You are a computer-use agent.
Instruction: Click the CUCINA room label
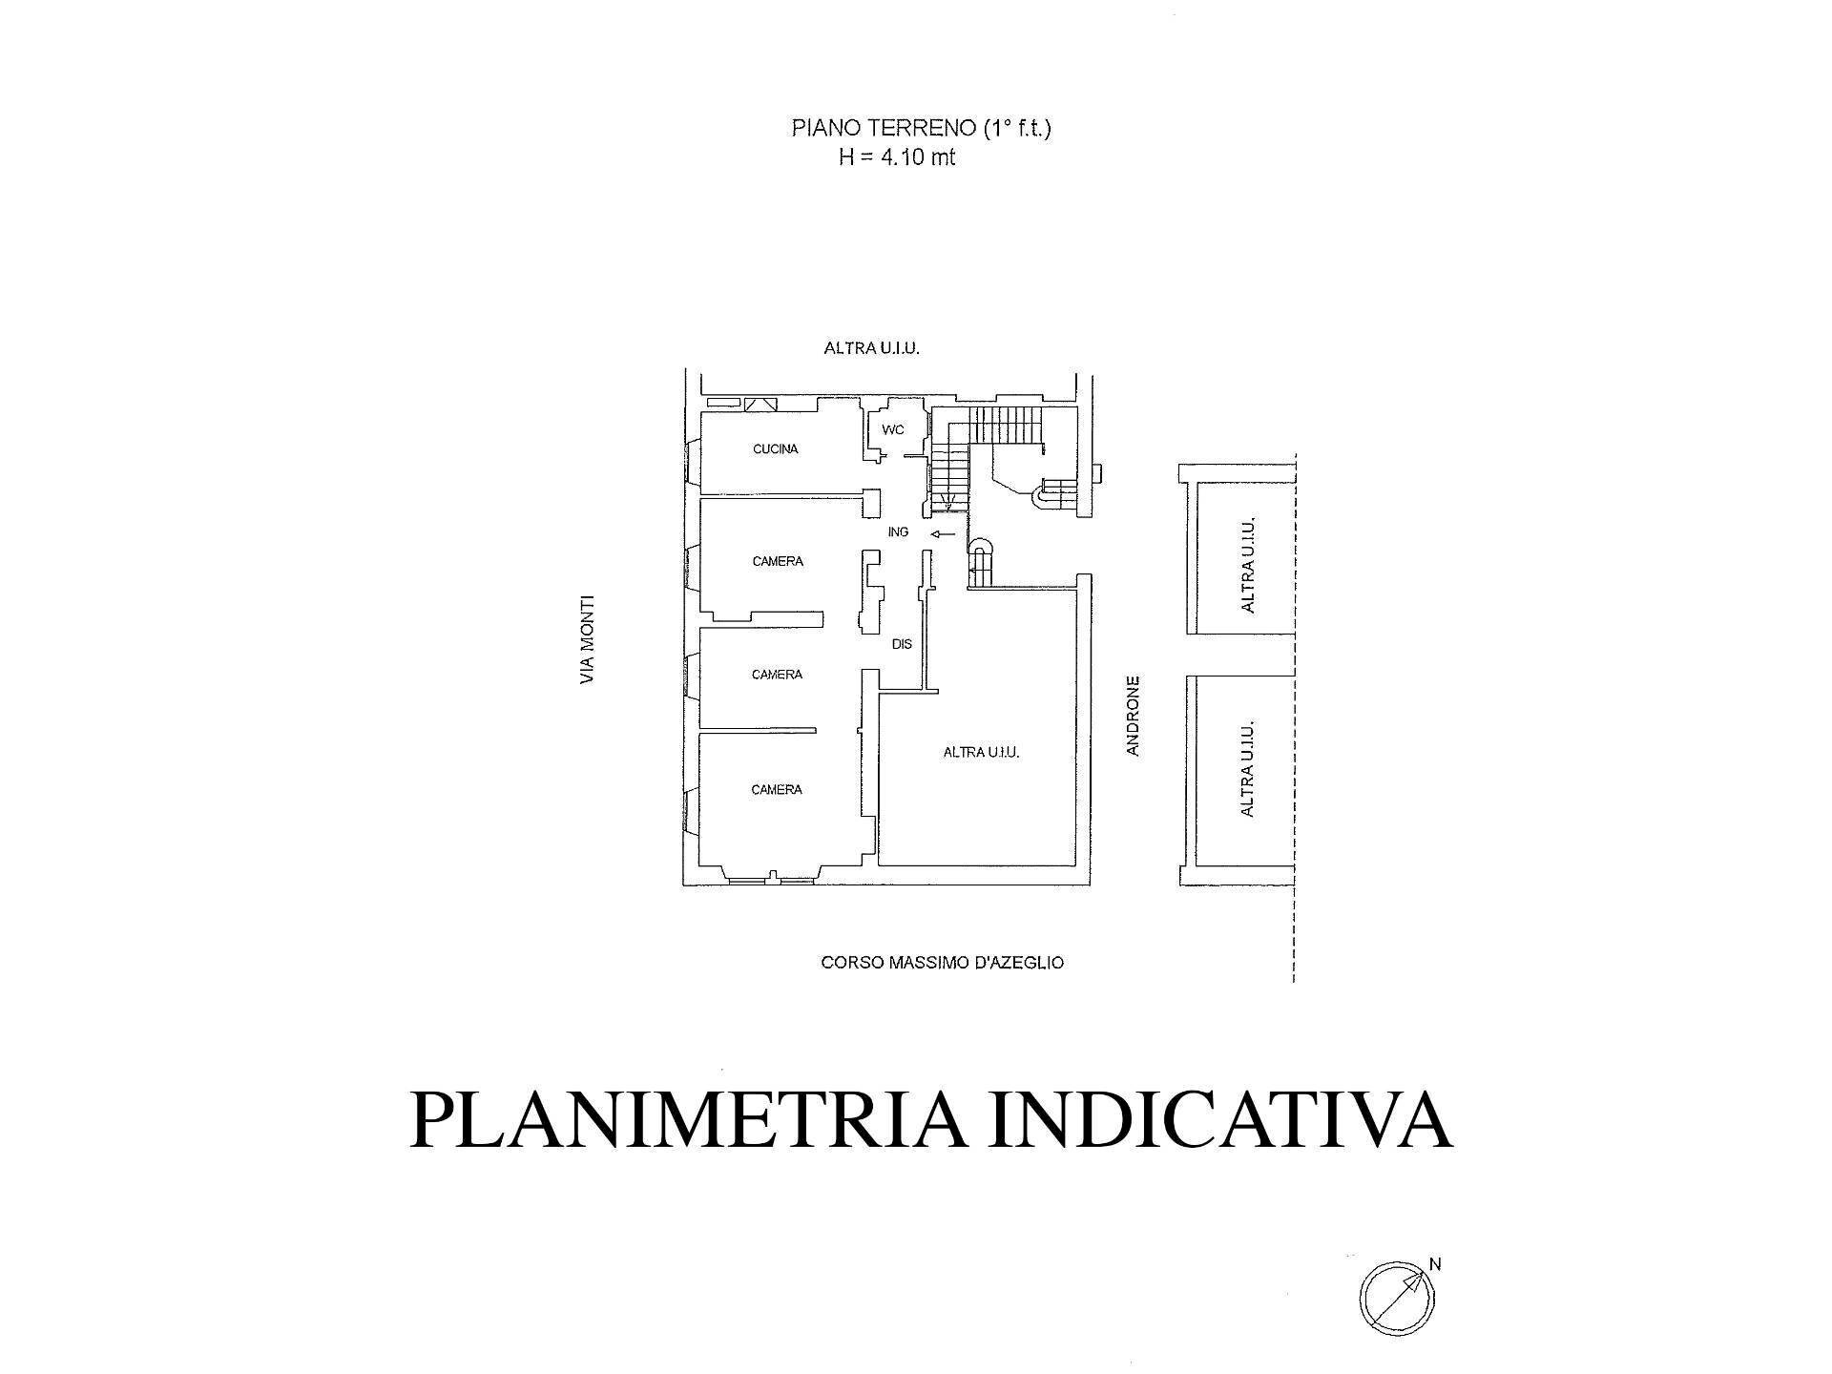[x=775, y=449]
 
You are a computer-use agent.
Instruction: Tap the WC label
[x=892, y=430]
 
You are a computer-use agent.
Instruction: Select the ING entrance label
[x=898, y=532]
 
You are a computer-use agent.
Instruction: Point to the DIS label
[x=902, y=644]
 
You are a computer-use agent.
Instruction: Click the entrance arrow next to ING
[x=942, y=534]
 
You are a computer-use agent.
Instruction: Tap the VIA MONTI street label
[x=588, y=639]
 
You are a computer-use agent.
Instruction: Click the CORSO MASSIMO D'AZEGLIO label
[x=942, y=963]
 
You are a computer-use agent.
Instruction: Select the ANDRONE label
[x=1133, y=716]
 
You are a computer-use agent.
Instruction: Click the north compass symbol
[x=1396, y=1296]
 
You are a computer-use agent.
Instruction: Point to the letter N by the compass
[x=1435, y=1265]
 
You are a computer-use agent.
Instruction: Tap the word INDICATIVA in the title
[x=1220, y=1119]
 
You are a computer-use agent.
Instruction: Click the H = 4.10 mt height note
[x=897, y=157]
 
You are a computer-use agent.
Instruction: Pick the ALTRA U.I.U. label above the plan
[x=871, y=349]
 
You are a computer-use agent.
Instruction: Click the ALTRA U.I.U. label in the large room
[x=981, y=753]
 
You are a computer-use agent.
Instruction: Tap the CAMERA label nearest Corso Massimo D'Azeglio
[x=777, y=790]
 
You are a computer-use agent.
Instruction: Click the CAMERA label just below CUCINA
[x=778, y=562]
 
